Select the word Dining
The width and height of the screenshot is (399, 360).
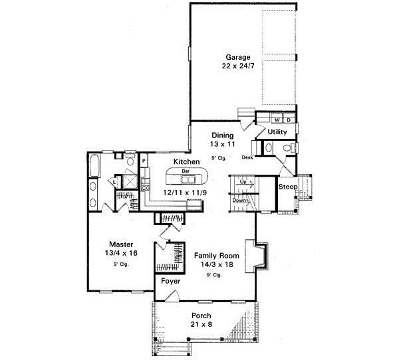pos(223,135)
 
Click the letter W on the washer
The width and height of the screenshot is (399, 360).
pos(277,120)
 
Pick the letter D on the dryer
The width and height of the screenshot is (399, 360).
pos(289,120)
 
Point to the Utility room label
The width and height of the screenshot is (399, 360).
pos(277,132)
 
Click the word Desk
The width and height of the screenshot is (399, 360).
pos(247,157)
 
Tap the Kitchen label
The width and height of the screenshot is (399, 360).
pos(186,162)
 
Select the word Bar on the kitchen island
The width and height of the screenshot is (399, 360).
pos(186,171)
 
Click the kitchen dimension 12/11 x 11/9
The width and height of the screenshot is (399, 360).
pos(186,192)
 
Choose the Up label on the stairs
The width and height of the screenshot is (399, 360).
pos(243,181)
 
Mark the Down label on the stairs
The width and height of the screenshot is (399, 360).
pos(241,200)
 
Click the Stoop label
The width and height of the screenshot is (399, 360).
pos(288,187)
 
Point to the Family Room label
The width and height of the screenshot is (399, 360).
pos(213,255)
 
